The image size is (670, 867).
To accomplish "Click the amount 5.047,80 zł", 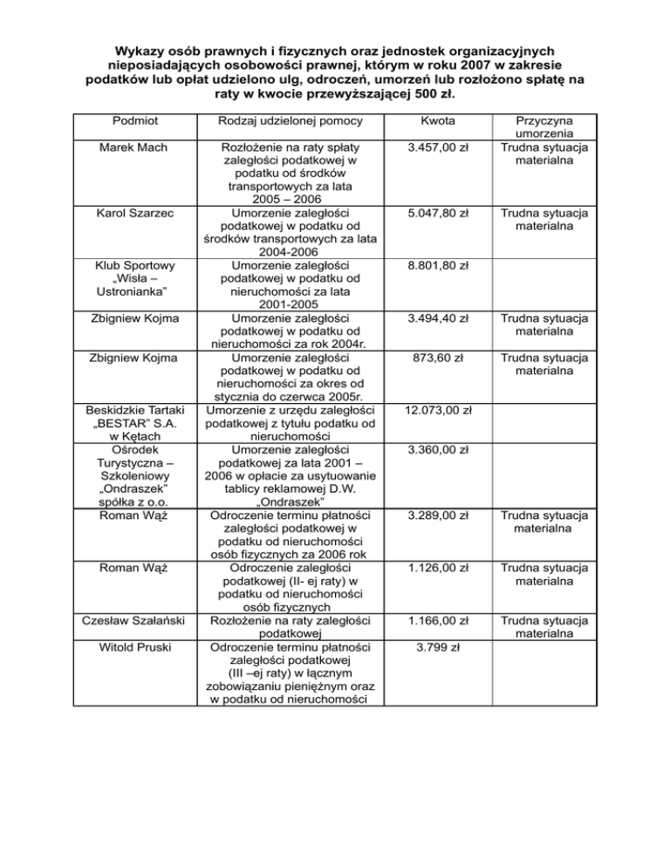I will [x=434, y=212].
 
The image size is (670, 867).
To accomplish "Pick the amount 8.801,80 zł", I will [x=434, y=264].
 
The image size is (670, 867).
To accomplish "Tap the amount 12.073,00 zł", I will [x=434, y=409].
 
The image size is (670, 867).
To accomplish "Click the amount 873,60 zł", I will [x=434, y=357].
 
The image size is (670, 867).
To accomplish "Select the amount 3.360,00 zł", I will [x=434, y=450].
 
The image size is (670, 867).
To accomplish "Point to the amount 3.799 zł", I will [x=434, y=648].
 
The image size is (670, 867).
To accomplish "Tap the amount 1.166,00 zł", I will [x=434, y=620].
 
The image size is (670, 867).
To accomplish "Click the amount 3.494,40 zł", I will [x=434, y=317].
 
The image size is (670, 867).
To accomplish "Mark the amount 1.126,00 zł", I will [x=434, y=568].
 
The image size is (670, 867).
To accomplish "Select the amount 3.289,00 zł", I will [x=434, y=515].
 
